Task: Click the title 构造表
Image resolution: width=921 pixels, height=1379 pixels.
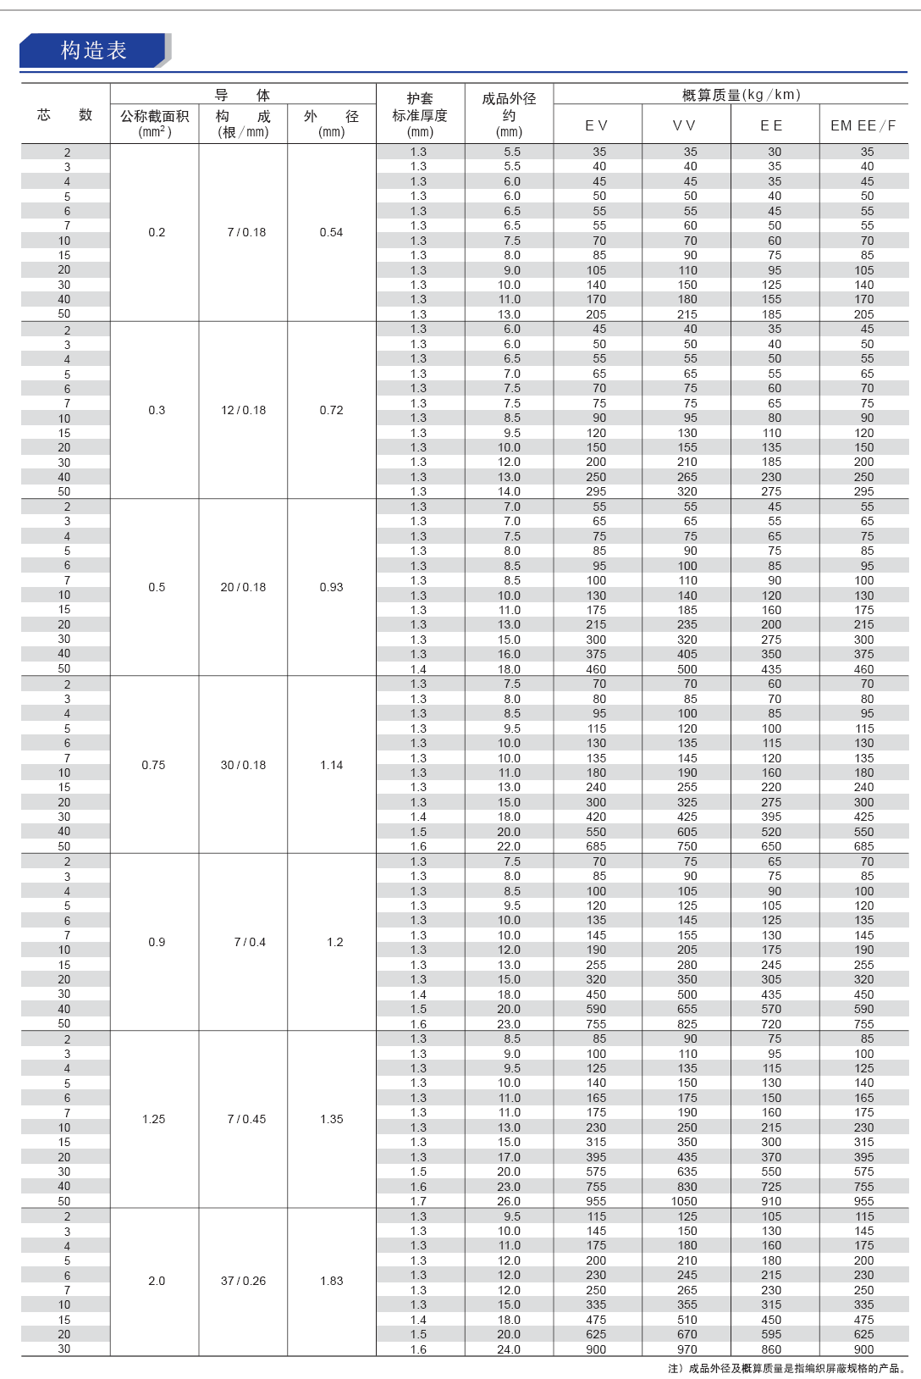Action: click(x=93, y=51)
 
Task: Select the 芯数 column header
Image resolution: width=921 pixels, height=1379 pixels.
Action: click(x=65, y=115)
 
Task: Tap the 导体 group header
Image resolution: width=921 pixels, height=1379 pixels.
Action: click(x=242, y=95)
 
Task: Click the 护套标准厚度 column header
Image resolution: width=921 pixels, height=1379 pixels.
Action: click(x=420, y=115)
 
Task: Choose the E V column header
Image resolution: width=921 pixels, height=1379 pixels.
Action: click(x=597, y=125)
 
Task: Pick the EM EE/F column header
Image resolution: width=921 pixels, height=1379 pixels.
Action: click(x=863, y=125)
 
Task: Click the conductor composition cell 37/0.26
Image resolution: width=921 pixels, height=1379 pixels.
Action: click(x=243, y=1281)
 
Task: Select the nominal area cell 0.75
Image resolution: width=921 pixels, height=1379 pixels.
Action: click(x=154, y=765)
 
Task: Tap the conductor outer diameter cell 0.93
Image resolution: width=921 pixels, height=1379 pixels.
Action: click(x=331, y=587)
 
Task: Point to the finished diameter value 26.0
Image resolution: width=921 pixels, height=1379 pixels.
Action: click(x=509, y=1201)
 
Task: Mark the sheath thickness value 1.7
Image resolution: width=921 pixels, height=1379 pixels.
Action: click(x=418, y=1201)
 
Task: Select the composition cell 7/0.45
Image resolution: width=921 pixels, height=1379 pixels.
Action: click(x=246, y=1119)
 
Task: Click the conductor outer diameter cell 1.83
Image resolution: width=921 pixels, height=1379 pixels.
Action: click(x=332, y=1281)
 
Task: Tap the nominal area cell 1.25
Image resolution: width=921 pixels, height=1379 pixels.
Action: click(x=154, y=1119)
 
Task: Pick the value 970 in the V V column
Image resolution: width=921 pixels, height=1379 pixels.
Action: click(x=687, y=1349)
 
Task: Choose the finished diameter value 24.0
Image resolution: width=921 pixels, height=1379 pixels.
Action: click(x=509, y=1349)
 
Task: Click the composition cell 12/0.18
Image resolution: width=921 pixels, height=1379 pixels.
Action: click(x=243, y=410)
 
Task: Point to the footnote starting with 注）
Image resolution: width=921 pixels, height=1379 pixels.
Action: click(x=787, y=1368)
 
